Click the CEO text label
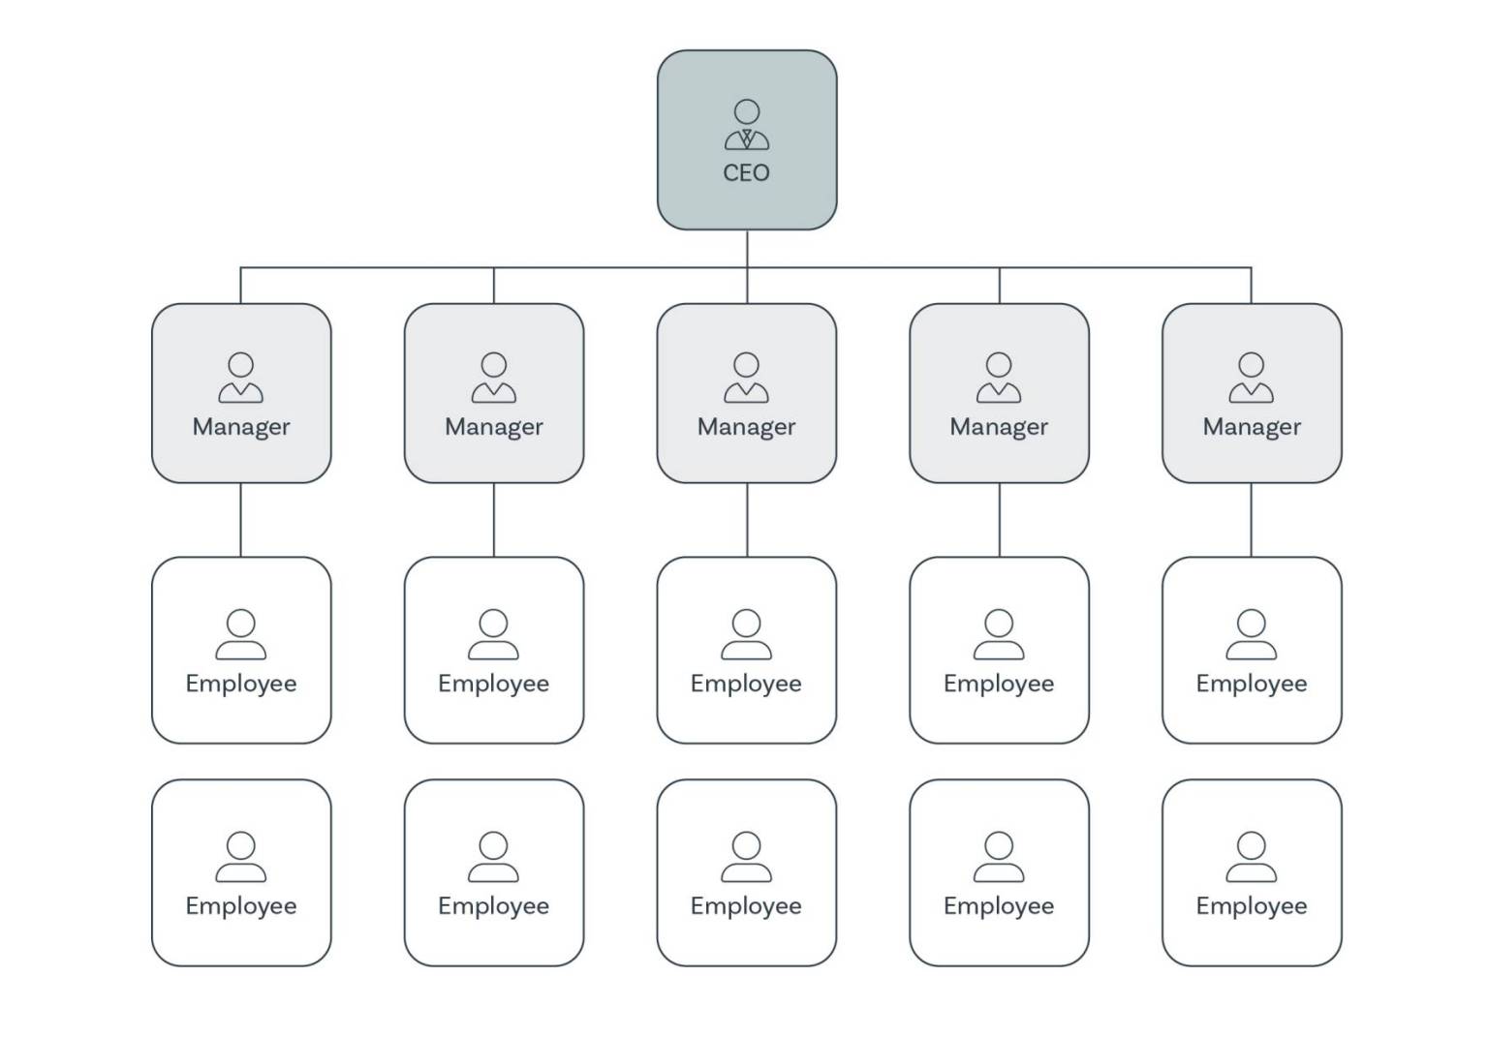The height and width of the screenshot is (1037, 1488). [746, 173]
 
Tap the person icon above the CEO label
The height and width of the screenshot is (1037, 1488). [746, 125]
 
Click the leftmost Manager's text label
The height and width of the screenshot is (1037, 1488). [241, 427]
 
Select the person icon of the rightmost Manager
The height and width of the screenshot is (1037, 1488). [1251, 378]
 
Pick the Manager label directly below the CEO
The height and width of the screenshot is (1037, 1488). [746, 427]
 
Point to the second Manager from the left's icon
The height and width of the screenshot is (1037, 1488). [494, 378]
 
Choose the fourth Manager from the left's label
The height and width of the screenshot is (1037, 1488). [999, 427]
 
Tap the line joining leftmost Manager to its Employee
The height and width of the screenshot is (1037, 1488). [241, 520]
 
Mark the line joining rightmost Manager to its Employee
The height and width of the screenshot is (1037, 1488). [1251, 520]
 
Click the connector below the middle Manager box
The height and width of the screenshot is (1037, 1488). [747, 520]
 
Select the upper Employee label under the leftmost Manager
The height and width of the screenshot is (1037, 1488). [241, 684]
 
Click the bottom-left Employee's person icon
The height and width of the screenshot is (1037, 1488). [241, 857]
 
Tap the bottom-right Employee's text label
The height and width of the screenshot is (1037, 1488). [1251, 906]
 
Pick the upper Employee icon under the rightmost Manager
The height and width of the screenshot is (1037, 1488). [1251, 634]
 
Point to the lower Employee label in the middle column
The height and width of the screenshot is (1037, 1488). [746, 906]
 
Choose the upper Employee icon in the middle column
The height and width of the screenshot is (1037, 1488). [746, 634]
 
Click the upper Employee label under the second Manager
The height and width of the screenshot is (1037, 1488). [494, 684]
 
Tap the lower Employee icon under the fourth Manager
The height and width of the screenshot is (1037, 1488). [999, 857]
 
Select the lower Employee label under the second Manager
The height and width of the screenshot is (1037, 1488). [494, 906]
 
